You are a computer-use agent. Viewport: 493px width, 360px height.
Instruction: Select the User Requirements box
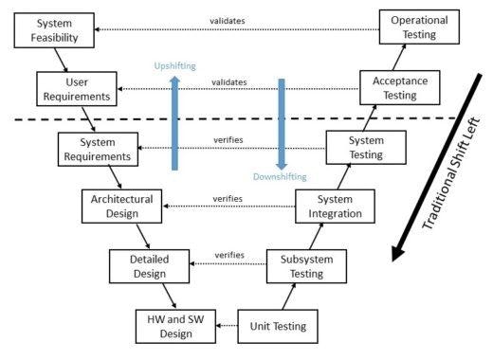[x=78, y=90]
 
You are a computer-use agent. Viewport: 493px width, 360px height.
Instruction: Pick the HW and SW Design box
[x=174, y=325]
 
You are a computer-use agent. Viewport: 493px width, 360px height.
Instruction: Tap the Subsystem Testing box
[x=300, y=266]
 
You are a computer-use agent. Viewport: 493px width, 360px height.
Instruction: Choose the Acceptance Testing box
[x=398, y=89]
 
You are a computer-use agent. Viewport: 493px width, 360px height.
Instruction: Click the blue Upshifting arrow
[x=175, y=123]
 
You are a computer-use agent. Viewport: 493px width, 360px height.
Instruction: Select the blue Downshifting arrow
[x=282, y=123]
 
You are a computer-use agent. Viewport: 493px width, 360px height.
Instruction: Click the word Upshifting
[x=176, y=67]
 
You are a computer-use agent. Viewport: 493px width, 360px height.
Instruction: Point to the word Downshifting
[x=281, y=177]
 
